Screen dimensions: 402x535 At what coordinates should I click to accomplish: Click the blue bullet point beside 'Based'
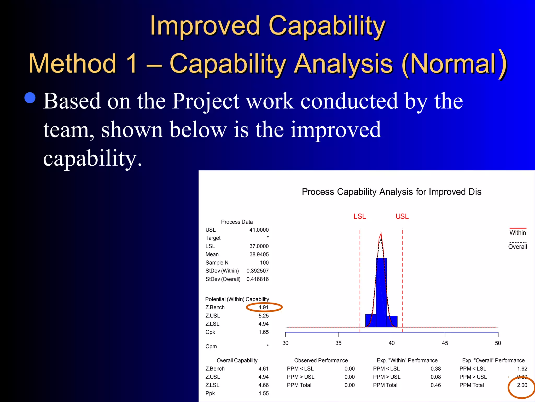30,98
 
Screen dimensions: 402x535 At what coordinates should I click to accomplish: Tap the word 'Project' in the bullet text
205,101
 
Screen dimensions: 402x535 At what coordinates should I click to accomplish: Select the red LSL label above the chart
359,216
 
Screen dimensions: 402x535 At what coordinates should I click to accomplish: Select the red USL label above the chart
402,216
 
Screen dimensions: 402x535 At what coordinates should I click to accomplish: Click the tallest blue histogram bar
381,292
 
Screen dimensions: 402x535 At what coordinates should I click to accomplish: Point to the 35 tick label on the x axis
338,343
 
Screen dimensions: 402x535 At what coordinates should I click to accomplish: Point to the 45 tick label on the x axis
445,343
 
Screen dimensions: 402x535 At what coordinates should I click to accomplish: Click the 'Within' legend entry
517,233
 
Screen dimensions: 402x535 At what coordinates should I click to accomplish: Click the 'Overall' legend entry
517,247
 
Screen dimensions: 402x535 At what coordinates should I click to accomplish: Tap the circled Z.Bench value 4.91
263,308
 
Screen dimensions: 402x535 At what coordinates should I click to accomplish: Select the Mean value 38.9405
259,254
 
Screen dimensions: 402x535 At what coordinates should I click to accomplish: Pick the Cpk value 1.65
264,332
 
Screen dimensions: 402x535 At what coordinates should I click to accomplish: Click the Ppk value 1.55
264,393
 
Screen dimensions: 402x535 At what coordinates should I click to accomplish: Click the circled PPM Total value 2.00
522,385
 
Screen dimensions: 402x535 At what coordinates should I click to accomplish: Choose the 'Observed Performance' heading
321,360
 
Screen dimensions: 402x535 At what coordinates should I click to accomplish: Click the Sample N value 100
264,263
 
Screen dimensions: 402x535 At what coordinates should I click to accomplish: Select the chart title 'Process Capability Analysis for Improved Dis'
391,192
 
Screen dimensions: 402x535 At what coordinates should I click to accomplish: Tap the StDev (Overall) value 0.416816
257,279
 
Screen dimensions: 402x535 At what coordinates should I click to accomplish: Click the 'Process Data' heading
237,222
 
